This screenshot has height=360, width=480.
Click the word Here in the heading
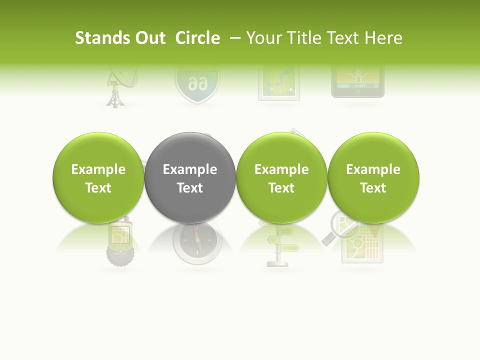tap(384, 38)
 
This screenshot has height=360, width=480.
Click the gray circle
tap(190, 177)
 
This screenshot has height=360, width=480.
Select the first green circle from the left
tap(98, 177)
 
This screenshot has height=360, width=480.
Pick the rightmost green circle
tap(373, 177)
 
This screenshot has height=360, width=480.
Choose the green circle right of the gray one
tap(281, 177)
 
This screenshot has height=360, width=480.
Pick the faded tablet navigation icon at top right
tap(358, 80)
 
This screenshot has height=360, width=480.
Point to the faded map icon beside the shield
tap(278, 82)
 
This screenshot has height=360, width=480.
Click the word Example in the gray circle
tap(190, 169)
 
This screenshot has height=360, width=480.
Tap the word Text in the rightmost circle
tap(373, 187)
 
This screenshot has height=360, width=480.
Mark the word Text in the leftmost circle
tap(98, 187)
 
